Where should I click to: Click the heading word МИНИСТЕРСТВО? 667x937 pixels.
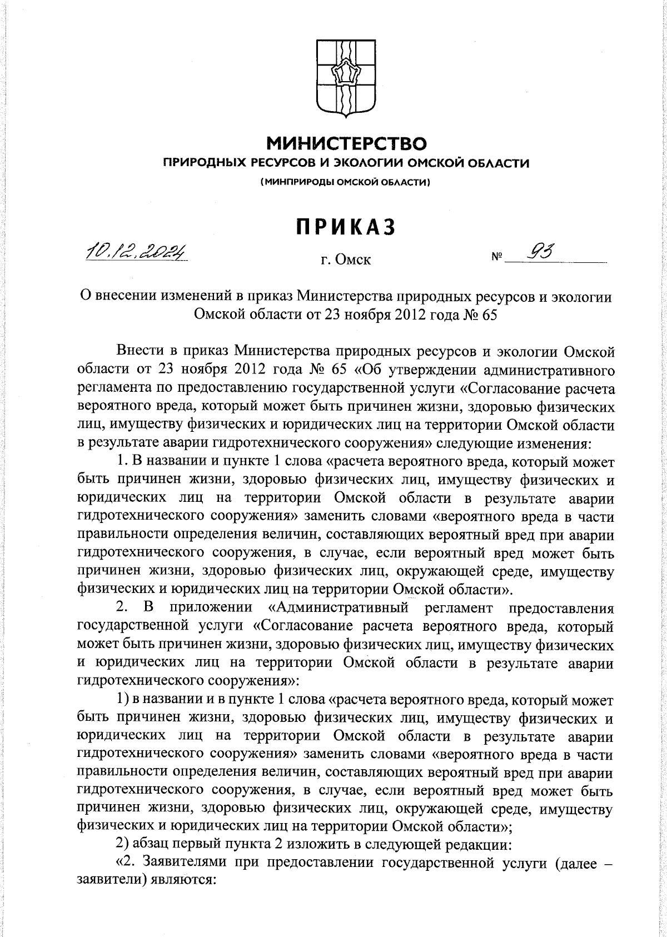(x=347, y=143)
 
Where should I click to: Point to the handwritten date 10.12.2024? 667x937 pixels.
(x=136, y=253)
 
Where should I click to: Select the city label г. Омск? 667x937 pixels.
(x=346, y=259)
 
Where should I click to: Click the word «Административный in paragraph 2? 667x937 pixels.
(x=338, y=608)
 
